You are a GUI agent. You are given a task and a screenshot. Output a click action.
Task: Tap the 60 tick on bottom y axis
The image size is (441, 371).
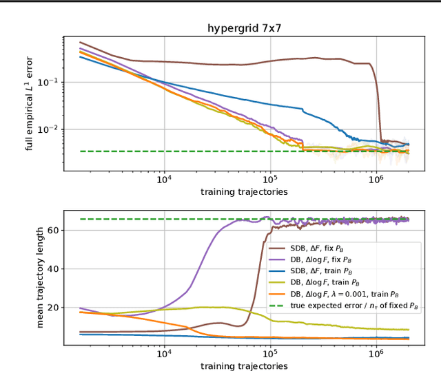(54, 231)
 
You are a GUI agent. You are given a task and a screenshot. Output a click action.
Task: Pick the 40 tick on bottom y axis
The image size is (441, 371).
(54, 269)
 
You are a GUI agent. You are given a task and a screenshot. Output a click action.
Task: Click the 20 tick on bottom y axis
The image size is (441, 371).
(54, 308)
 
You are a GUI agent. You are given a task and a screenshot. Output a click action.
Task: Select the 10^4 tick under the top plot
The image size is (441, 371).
(164, 180)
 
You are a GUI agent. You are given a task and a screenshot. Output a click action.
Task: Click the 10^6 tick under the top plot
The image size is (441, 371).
(376, 180)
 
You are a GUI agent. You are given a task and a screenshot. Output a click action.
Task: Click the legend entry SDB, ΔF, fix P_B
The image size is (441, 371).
(324, 249)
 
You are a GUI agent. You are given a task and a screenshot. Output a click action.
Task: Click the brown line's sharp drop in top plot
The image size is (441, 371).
(378, 103)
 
